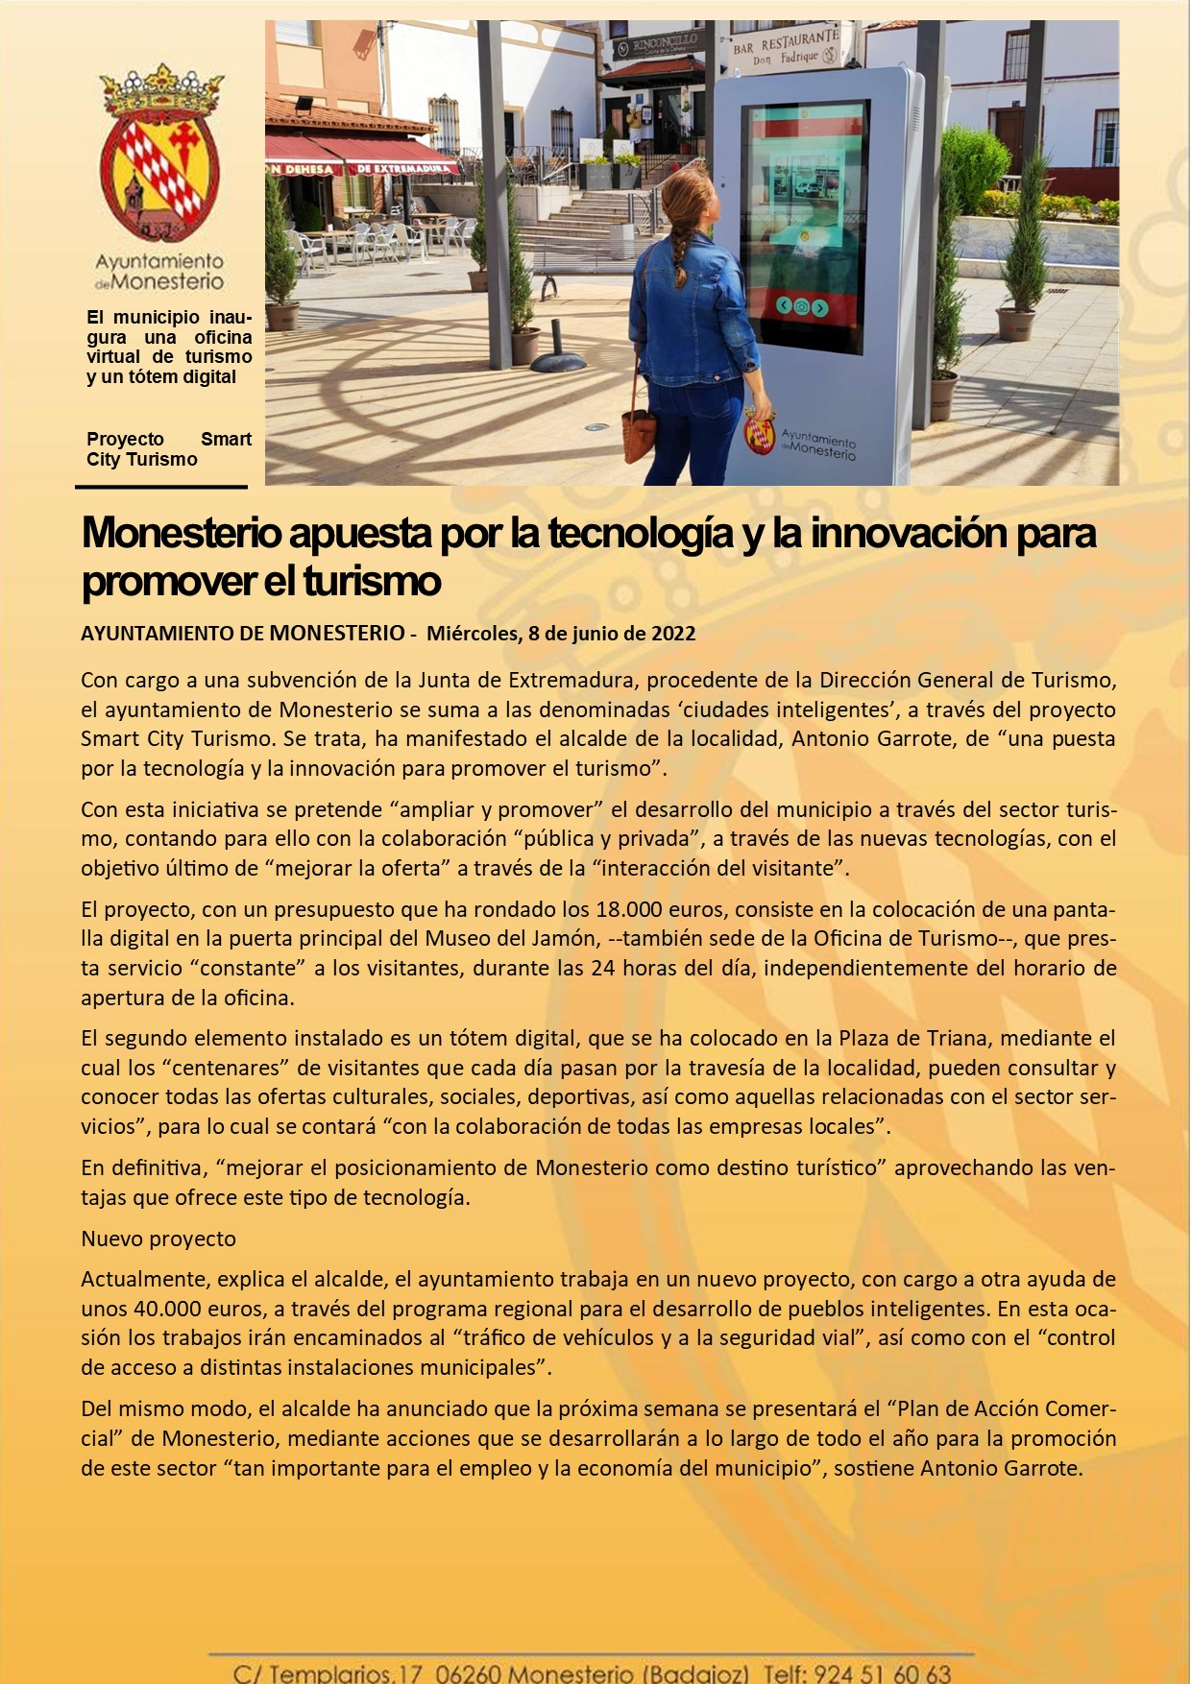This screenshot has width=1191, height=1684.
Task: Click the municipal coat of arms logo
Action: (x=159, y=154)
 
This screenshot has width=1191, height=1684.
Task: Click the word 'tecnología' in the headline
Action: (x=641, y=534)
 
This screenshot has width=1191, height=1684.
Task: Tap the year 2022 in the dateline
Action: (x=673, y=634)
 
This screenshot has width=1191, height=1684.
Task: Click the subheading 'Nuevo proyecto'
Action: (x=158, y=1239)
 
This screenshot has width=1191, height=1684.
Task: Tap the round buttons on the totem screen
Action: (x=801, y=307)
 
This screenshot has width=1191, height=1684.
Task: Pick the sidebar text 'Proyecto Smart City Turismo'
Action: (x=168, y=449)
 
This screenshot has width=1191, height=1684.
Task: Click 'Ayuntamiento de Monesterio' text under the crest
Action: (x=159, y=272)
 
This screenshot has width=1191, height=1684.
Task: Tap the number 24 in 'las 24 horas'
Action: (x=603, y=968)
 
